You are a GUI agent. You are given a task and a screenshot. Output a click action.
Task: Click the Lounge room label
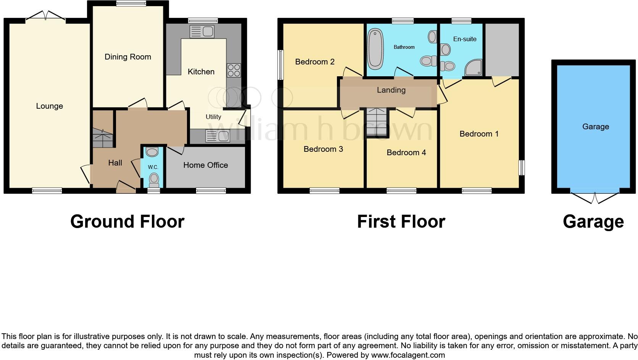click(x=49, y=106)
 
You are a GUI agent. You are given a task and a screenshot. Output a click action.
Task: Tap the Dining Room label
click(x=128, y=57)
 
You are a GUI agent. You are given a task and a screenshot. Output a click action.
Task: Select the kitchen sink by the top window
click(x=202, y=31)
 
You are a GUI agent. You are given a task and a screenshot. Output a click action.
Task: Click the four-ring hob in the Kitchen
click(x=234, y=70)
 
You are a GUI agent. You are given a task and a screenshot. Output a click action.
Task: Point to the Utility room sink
click(x=217, y=136)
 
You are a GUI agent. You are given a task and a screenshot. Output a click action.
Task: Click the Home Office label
click(x=205, y=165)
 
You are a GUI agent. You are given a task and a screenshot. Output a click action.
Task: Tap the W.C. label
click(x=153, y=167)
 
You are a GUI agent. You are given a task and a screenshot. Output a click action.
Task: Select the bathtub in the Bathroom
click(x=375, y=50)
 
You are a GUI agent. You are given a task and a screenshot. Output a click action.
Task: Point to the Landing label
click(x=391, y=90)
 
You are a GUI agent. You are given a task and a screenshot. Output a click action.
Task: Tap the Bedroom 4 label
click(x=406, y=153)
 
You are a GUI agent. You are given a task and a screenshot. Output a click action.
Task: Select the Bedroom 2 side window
click(x=281, y=64)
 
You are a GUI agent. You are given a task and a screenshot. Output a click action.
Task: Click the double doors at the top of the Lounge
click(x=45, y=16)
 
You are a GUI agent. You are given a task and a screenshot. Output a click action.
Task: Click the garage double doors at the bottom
click(x=594, y=196)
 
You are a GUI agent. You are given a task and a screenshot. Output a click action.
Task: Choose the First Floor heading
click(x=401, y=222)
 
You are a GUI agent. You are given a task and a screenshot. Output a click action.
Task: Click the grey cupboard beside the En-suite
click(x=502, y=50)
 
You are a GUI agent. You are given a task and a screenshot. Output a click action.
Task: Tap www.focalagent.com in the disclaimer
click(x=408, y=355)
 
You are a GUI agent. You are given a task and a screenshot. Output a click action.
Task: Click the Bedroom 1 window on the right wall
click(x=521, y=167)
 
